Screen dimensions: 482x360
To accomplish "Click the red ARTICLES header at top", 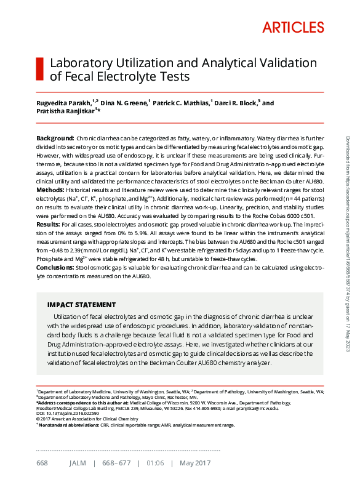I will click(x=293, y=27).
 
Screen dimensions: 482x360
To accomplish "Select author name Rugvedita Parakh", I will click(x=63, y=103).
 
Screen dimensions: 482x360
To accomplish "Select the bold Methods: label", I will click(x=52, y=191).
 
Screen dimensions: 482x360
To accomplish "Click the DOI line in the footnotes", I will click(x=62, y=413).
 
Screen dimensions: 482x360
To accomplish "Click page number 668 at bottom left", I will click(x=42, y=463).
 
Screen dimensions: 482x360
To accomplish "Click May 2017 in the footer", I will click(x=194, y=463).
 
